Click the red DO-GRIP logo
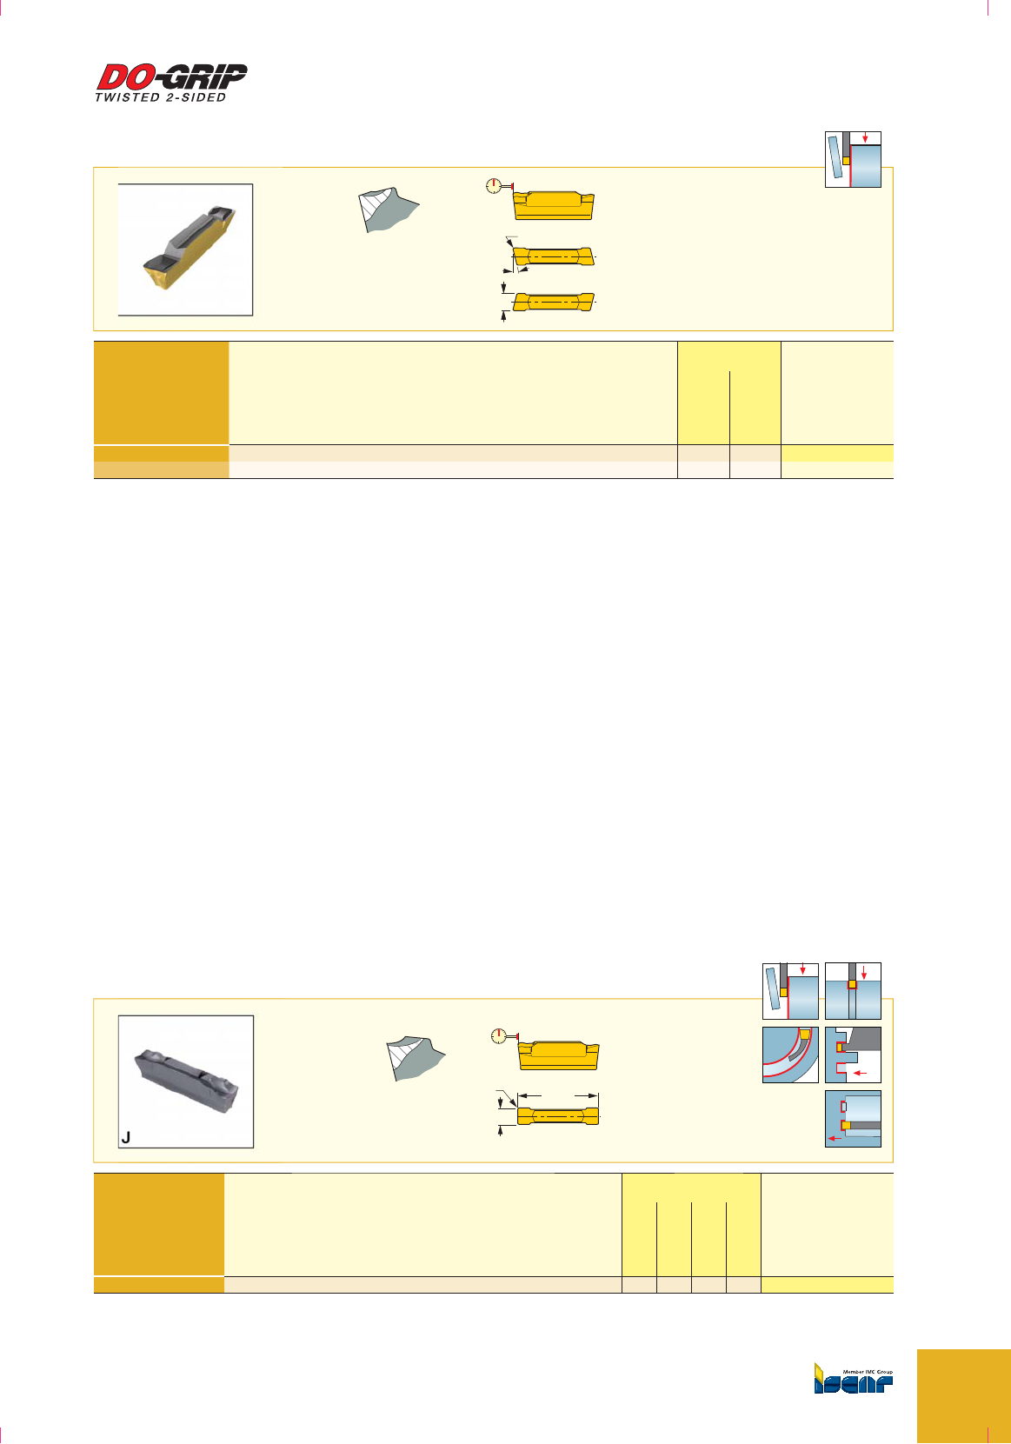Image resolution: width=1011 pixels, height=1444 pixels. (x=172, y=77)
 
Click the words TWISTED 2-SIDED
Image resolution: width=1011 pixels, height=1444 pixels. (x=161, y=97)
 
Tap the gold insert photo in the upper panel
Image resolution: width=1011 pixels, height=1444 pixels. (x=186, y=250)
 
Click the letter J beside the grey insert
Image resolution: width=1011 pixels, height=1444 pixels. (x=126, y=1137)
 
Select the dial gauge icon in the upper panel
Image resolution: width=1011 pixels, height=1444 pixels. (x=493, y=186)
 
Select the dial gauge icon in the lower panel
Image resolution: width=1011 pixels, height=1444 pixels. (x=498, y=1036)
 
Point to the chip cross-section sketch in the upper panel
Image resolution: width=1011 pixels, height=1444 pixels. (x=388, y=210)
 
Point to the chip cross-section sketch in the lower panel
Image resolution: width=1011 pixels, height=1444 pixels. (x=415, y=1059)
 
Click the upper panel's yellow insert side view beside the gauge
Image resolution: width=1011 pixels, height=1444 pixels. (x=553, y=205)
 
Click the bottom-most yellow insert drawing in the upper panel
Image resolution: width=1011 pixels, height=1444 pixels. (x=553, y=301)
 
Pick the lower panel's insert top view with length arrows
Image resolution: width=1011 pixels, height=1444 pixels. (x=558, y=1116)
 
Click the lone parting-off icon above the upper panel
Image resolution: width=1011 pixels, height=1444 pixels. (x=853, y=160)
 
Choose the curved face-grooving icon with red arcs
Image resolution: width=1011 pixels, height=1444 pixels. (x=790, y=1055)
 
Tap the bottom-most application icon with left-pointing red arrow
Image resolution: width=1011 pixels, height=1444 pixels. (x=853, y=1119)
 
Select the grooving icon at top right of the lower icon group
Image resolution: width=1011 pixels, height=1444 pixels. (x=853, y=991)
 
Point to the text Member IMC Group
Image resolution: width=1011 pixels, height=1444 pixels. (x=868, y=1372)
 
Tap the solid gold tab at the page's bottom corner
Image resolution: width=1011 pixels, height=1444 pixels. (x=963, y=1396)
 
